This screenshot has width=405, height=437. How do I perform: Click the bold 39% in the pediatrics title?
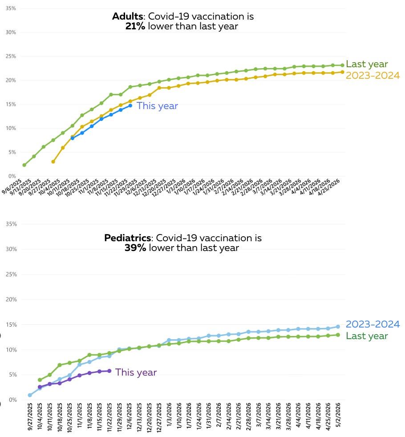(x=135, y=248)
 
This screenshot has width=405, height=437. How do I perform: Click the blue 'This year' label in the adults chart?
(x=157, y=106)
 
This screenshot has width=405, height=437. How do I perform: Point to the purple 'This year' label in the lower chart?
(x=136, y=372)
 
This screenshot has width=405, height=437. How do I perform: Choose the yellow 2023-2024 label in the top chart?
(x=373, y=75)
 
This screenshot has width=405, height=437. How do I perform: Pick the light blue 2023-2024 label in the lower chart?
(x=373, y=324)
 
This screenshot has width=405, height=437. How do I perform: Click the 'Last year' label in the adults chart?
(x=367, y=64)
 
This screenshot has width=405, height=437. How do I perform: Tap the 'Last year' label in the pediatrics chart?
(x=367, y=336)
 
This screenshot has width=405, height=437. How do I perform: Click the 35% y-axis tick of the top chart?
(x=10, y=8)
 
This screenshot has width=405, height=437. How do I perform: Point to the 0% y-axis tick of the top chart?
(x=12, y=176)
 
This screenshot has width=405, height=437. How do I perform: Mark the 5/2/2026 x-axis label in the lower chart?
(x=338, y=417)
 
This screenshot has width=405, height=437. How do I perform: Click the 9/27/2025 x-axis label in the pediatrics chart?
(x=30, y=418)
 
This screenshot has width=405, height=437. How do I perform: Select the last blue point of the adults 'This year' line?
(x=130, y=105)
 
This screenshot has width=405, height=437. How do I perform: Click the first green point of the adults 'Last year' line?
(x=24, y=165)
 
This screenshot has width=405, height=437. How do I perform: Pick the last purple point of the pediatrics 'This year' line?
(x=109, y=371)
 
